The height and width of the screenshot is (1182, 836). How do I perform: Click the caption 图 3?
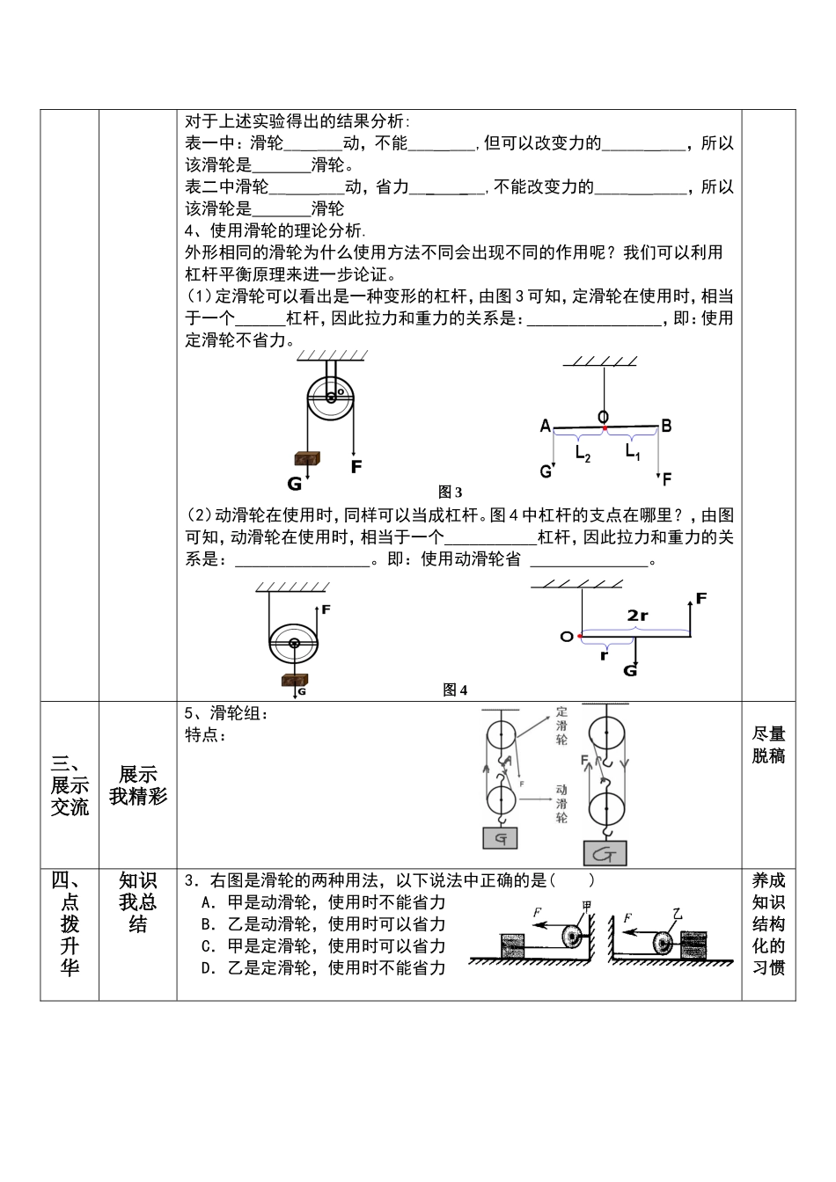click(x=451, y=492)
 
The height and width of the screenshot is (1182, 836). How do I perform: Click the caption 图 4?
click(x=455, y=690)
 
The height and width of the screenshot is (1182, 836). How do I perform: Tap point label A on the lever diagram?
click(x=546, y=427)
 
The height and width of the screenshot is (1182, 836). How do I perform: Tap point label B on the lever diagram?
click(x=666, y=427)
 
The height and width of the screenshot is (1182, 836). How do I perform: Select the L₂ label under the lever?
click(x=583, y=453)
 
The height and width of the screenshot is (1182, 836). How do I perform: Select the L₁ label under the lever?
click(x=633, y=451)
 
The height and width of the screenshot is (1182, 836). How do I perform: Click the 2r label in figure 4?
click(x=638, y=616)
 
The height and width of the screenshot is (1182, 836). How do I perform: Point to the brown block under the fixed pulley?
click(x=307, y=459)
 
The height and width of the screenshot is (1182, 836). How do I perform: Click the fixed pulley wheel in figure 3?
click(x=331, y=398)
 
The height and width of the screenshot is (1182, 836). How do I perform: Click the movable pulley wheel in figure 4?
click(x=294, y=644)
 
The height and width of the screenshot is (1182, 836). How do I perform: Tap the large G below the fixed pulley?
click(x=295, y=484)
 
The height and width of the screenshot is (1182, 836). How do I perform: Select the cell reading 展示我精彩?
click(x=138, y=785)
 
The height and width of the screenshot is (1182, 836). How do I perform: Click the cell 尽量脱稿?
click(x=768, y=745)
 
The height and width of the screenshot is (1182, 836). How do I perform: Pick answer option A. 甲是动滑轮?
click(x=323, y=902)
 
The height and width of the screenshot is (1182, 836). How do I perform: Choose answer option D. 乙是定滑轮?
click(x=323, y=968)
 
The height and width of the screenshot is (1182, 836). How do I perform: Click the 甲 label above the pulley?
click(x=586, y=907)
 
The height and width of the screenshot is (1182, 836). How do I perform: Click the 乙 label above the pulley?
click(x=677, y=914)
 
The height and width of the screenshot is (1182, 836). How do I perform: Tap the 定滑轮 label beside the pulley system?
click(x=562, y=726)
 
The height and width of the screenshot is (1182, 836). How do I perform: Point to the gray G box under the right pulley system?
click(x=605, y=853)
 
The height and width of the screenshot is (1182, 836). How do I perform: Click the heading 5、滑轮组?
click(x=226, y=714)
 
